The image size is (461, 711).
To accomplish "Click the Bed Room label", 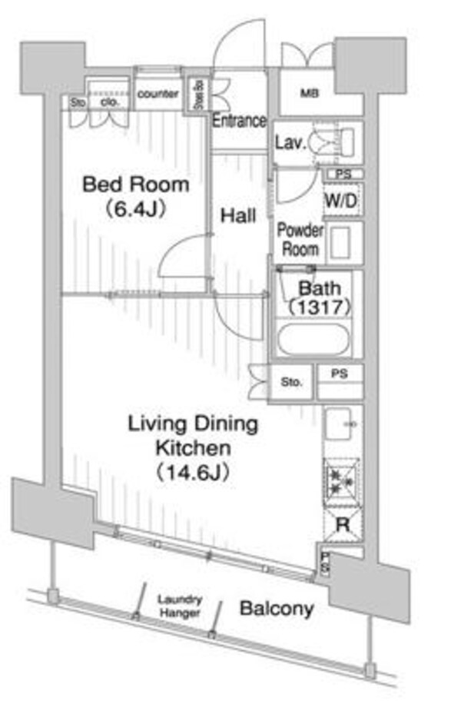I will point(135,184).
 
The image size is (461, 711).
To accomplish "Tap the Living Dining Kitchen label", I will point(192,435).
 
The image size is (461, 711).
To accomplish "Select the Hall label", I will point(238,217).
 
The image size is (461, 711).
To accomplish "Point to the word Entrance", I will point(239,121).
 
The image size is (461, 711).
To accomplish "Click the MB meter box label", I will point(310,95).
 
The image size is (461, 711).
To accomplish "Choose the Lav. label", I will point(291,142).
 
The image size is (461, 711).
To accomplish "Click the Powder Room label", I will point(300,239).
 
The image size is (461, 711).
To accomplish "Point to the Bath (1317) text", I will point(318,298).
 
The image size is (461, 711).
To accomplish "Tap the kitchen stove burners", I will point(341,481).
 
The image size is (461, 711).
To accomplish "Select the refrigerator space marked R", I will point(342,526).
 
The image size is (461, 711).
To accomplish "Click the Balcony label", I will point(277,609).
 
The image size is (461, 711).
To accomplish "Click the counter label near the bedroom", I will point(158,94).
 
